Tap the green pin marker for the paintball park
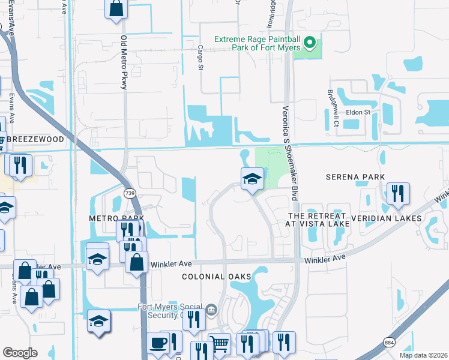click(310, 42)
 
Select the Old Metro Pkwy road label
click(124, 62)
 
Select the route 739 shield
click(129, 193)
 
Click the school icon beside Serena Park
click(252, 178)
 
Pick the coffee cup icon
click(158, 343)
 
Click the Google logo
click(20, 353)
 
